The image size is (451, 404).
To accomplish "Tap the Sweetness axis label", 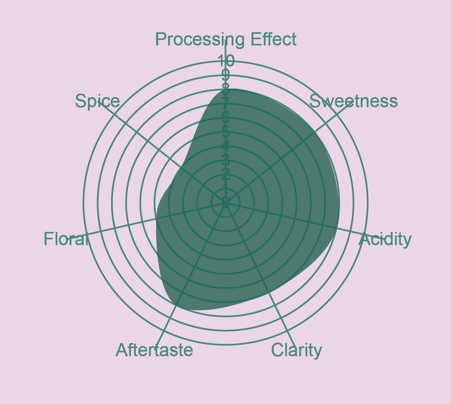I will [x=353, y=101].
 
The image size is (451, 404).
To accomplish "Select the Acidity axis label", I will [x=385, y=240].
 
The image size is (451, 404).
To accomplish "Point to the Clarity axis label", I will [x=297, y=350].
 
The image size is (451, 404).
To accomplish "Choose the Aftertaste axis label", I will [x=154, y=350].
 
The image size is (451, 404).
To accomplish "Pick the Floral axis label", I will [x=66, y=239].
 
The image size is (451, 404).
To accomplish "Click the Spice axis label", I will [x=97, y=101].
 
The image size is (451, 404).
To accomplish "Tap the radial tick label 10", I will [x=226, y=61].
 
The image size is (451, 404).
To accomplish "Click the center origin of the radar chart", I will [x=226, y=202].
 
